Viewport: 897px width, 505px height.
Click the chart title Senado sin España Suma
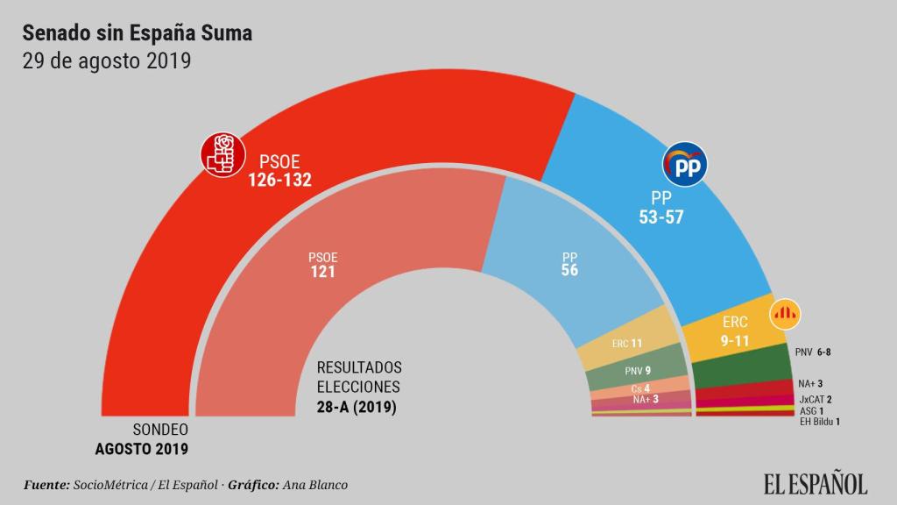137,33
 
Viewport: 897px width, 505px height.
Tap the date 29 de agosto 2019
106,62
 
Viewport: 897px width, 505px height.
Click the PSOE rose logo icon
221,154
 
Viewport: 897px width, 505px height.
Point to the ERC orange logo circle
785,314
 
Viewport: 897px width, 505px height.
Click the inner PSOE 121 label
322,265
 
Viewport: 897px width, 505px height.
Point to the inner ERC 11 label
627,344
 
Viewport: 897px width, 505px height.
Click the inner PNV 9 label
637,371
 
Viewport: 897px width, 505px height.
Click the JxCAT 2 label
815,399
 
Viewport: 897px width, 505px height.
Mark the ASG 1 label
811,410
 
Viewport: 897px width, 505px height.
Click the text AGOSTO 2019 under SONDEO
141,448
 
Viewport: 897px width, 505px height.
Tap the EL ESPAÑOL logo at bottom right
815,483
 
